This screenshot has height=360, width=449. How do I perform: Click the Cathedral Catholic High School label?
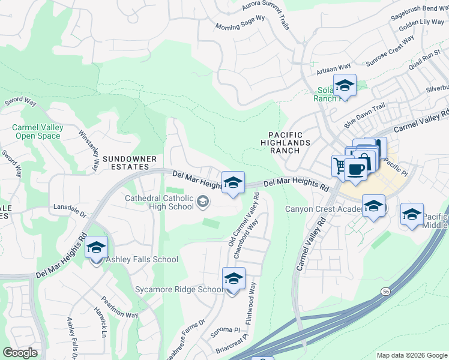tap(159, 202)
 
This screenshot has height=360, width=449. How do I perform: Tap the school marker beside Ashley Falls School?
tap(96, 247)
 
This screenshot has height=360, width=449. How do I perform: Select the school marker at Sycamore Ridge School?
tap(234, 278)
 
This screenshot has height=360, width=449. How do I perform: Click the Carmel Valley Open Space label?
tap(37, 131)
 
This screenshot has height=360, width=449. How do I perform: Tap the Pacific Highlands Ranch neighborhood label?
tap(286, 143)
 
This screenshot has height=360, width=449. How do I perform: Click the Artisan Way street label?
tap(334, 70)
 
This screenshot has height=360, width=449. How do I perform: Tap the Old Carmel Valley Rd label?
tap(244, 218)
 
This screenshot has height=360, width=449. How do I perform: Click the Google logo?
tap(20, 353)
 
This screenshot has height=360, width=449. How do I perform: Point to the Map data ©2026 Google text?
tap(412, 355)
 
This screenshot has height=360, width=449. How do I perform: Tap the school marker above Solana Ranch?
tap(345, 86)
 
